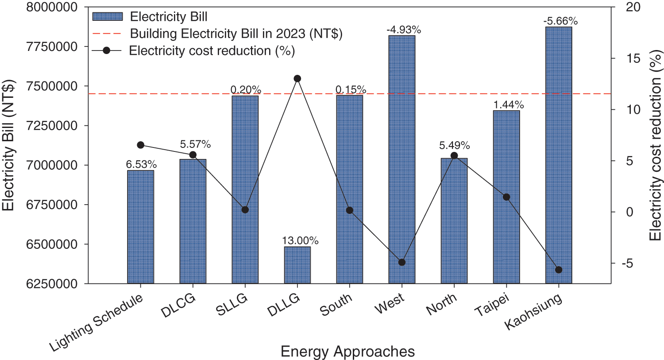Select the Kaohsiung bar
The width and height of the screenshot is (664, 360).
coord(558,155)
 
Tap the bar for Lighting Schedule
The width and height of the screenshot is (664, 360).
coord(141,227)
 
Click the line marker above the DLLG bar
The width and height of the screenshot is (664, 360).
coord(297,79)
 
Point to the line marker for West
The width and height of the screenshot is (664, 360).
coord(401,262)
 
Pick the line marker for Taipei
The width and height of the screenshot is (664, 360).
coord(506,197)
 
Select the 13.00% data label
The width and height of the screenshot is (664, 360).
coord(300,241)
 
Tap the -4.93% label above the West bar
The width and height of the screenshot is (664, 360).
coord(404,30)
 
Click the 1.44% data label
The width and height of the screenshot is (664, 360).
coord(509,105)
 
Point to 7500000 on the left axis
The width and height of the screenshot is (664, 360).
coord(52,86)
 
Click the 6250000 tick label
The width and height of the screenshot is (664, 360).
coord(52,284)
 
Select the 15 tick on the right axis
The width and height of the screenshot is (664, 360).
coord(627,58)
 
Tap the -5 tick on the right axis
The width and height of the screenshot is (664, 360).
coord(627,263)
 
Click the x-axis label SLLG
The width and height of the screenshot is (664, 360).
coord(232,305)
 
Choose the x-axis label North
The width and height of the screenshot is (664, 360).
coord(441,305)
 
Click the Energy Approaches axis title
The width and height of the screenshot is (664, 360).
coord(347,352)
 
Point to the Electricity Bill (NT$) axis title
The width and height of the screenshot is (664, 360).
coord(9,145)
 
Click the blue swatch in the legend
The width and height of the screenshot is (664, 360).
coord(107,17)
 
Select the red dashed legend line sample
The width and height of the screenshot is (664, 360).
coord(107,34)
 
